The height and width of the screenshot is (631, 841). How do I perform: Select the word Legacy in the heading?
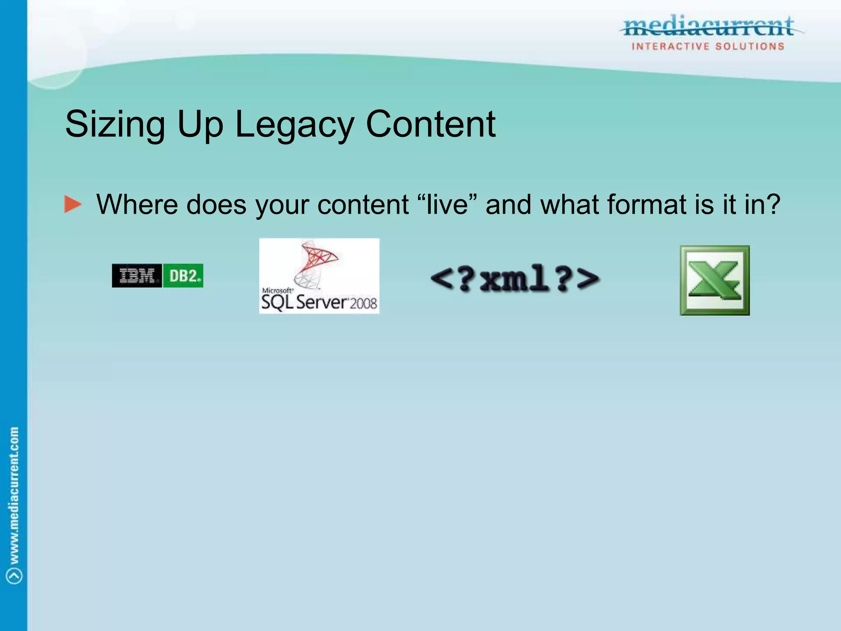pyautogui.click(x=294, y=124)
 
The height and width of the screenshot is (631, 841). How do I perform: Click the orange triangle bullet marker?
pyautogui.click(x=73, y=204)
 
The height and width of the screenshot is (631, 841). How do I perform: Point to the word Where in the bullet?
pyautogui.click(x=137, y=204)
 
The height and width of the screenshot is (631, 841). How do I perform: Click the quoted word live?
pyautogui.click(x=447, y=204)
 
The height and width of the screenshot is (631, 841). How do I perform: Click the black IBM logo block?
pyautogui.click(x=137, y=276)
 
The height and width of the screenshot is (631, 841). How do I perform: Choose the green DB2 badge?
pyautogui.click(x=183, y=276)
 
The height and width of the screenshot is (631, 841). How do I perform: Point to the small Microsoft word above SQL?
pyautogui.click(x=277, y=290)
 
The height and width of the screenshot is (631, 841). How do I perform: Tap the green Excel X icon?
pyautogui.click(x=715, y=281)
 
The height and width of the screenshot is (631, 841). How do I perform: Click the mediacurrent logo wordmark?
pyautogui.click(x=708, y=27)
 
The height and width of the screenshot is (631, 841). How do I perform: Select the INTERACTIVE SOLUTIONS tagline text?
pyautogui.click(x=708, y=46)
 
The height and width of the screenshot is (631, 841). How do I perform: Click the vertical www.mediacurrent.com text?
pyautogui.click(x=14, y=495)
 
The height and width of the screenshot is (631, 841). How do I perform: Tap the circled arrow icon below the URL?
pyautogui.click(x=14, y=576)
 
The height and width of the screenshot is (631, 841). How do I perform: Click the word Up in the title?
pyautogui.click(x=200, y=124)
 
